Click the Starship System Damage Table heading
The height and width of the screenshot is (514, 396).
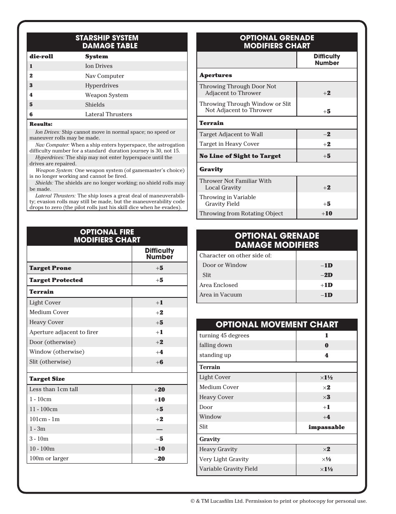(107, 42)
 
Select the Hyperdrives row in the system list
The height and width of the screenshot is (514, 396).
(102, 85)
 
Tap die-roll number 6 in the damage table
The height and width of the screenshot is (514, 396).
(31, 115)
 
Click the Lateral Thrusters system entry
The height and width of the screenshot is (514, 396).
(108, 114)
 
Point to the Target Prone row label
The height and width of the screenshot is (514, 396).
(50, 268)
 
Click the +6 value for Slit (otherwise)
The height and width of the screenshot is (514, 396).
(159, 362)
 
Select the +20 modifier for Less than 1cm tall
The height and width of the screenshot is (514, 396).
(159, 390)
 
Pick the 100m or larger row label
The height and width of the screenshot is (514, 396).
(49, 458)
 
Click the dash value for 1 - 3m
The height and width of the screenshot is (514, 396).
(159, 429)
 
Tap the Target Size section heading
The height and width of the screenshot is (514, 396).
(47, 379)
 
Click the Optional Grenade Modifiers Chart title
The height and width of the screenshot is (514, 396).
(277, 42)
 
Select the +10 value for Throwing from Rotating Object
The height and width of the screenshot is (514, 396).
(327, 214)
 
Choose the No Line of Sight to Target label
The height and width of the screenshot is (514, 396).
(240, 156)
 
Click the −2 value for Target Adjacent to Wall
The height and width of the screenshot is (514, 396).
(327, 135)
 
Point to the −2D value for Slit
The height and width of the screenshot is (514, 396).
(327, 275)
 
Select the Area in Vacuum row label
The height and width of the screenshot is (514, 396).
(221, 294)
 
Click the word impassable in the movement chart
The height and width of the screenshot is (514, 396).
(326, 427)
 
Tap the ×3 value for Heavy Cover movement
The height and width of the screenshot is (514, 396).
(326, 397)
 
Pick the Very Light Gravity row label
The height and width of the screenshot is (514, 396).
(224, 459)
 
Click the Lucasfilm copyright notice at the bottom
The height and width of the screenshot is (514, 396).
(278, 501)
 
